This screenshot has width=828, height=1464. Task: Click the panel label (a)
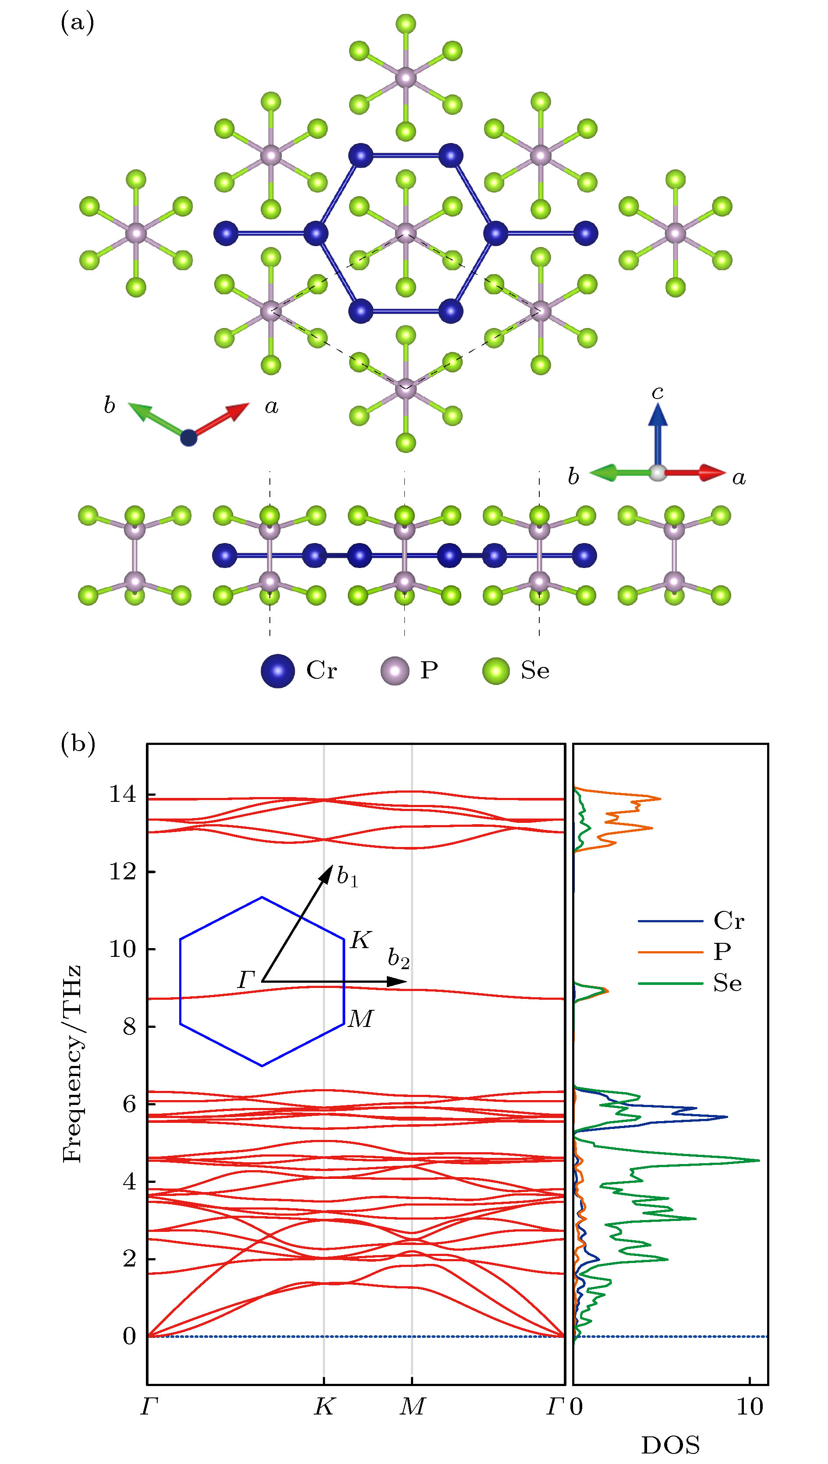point(77,24)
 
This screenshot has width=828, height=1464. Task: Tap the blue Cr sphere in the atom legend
point(277,670)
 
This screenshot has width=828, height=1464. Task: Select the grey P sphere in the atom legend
point(395,670)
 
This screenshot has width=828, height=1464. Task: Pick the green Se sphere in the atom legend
point(496,670)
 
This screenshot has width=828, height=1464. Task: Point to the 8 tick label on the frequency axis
point(130,1027)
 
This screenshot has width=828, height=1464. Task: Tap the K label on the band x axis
point(324,1407)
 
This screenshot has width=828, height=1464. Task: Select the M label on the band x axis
point(412,1407)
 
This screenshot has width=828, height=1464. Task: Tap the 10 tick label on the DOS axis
point(750,1407)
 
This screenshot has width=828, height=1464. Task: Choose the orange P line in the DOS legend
point(670,951)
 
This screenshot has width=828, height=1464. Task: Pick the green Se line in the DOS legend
point(670,983)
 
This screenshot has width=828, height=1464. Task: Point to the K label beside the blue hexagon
point(361,941)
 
